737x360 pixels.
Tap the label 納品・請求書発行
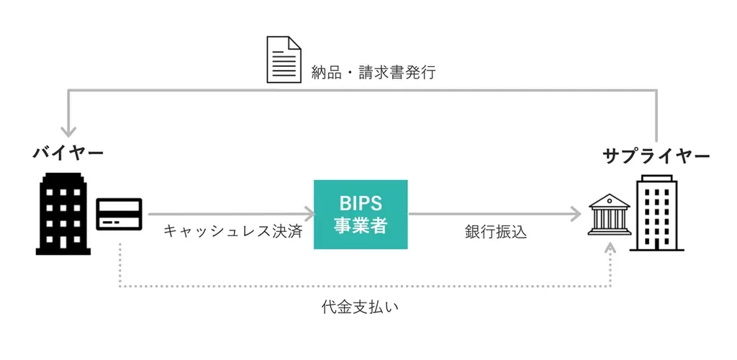click(x=374, y=73)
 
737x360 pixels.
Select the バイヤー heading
click(x=68, y=153)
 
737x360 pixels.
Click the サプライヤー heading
click(x=657, y=156)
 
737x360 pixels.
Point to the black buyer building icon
click(x=63, y=214)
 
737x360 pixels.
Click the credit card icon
click(x=119, y=214)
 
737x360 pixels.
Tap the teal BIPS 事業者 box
click(x=361, y=215)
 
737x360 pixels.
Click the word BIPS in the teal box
click(x=361, y=202)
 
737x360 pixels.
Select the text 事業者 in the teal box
click(x=361, y=226)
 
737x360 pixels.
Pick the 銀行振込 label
click(x=496, y=232)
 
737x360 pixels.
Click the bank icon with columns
click(x=610, y=215)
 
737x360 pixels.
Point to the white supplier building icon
click(x=656, y=213)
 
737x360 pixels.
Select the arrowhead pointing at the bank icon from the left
click(x=576, y=214)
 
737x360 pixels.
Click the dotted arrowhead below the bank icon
click(x=611, y=248)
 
